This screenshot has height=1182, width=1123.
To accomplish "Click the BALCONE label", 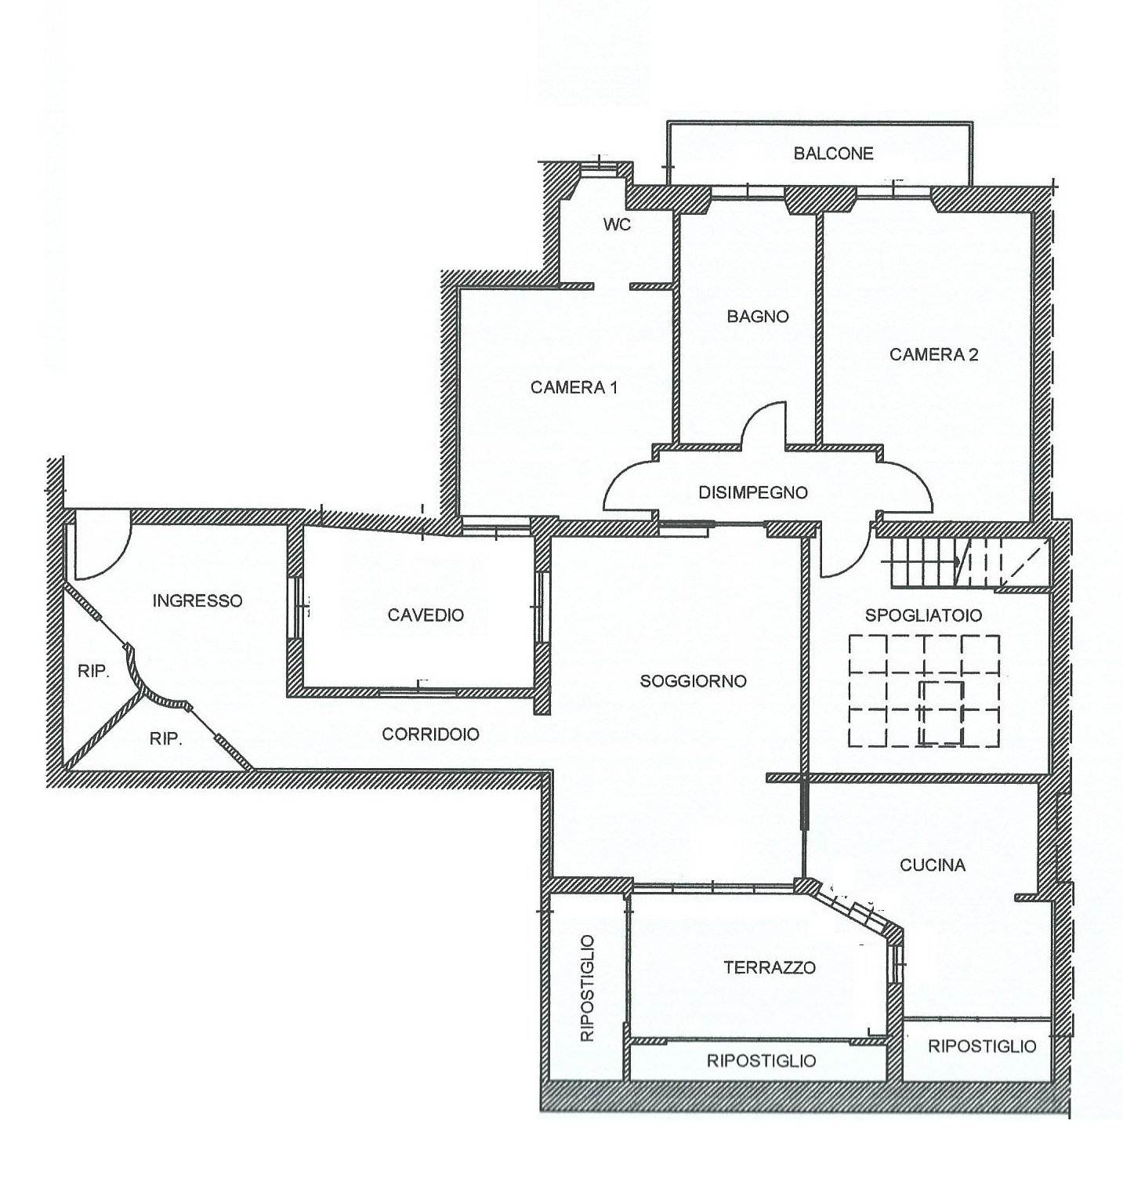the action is [833, 154].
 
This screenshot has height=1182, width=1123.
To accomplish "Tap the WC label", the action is [617, 225].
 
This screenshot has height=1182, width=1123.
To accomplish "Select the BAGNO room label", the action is [758, 317].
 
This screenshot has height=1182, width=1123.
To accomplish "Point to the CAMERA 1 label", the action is [574, 387].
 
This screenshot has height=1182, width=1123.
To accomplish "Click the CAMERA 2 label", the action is [933, 354].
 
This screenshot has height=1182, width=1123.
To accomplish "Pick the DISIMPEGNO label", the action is [752, 493].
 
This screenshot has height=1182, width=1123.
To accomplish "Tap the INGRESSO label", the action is [197, 601].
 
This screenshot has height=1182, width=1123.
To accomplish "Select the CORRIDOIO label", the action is [430, 734].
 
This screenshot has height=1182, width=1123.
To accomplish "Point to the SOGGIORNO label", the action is [693, 681].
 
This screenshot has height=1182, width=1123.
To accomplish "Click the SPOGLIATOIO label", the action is [923, 615].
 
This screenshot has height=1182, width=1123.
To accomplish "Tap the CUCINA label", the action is [933, 865].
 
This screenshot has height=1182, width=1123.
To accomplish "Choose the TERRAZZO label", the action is [770, 967].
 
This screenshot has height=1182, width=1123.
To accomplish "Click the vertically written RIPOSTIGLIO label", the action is [588, 988].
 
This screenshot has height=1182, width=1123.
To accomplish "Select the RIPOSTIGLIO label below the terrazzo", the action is [761, 1061].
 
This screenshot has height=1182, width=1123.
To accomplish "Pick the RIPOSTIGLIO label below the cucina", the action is [982, 1046].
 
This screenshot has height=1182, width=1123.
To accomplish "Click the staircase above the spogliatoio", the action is [969, 563].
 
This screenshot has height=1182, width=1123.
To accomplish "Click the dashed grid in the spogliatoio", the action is [923, 691].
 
